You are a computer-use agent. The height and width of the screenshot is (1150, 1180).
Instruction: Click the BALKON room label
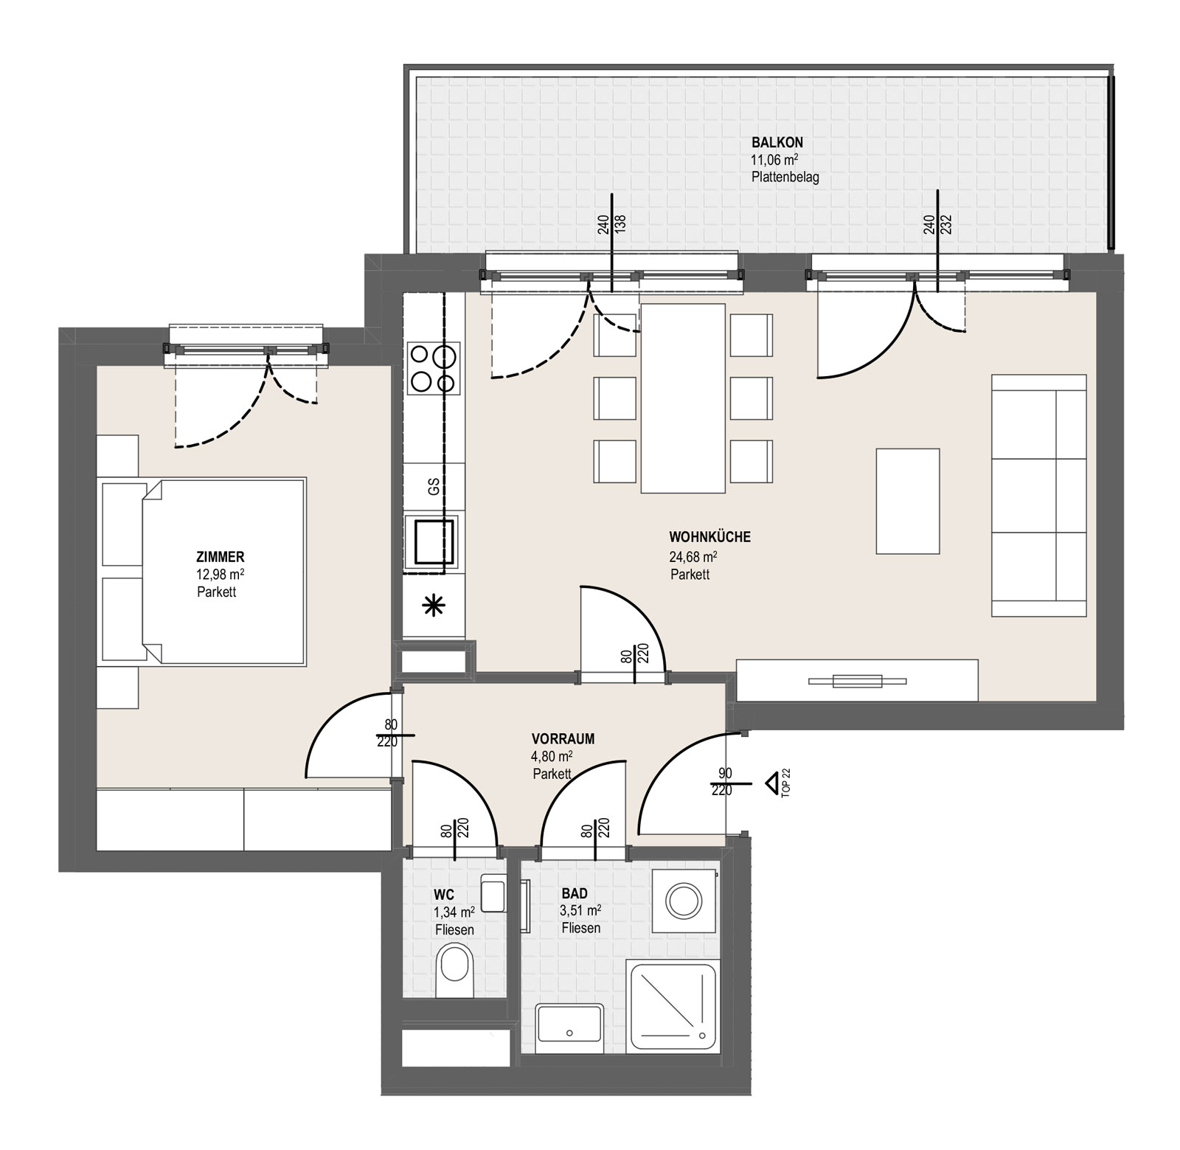click(x=777, y=142)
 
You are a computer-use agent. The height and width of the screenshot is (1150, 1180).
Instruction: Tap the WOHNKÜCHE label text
click(x=709, y=537)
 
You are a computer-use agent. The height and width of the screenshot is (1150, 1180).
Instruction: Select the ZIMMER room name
click(x=221, y=558)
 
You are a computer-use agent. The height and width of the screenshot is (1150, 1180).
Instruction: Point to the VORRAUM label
click(x=563, y=739)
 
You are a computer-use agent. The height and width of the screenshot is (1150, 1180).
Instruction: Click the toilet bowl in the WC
click(x=455, y=972)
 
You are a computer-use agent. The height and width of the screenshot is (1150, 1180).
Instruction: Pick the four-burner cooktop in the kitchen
click(x=434, y=368)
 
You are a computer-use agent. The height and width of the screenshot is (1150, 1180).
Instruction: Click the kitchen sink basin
click(x=432, y=541)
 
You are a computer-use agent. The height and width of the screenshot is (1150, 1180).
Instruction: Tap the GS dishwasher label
click(x=434, y=487)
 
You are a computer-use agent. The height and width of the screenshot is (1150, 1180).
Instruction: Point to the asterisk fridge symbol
click(x=434, y=606)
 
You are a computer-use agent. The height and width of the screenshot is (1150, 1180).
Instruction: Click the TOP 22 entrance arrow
click(x=772, y=782)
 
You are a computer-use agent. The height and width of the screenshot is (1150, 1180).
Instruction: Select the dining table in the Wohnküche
click(x=683, y=398)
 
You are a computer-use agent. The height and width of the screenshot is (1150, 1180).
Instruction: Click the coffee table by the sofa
click(x=908, y=501)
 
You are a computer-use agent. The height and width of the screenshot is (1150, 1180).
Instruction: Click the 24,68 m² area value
click(x=693, y=557)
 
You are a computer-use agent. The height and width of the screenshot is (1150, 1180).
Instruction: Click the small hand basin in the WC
click(x=492, y=894)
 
